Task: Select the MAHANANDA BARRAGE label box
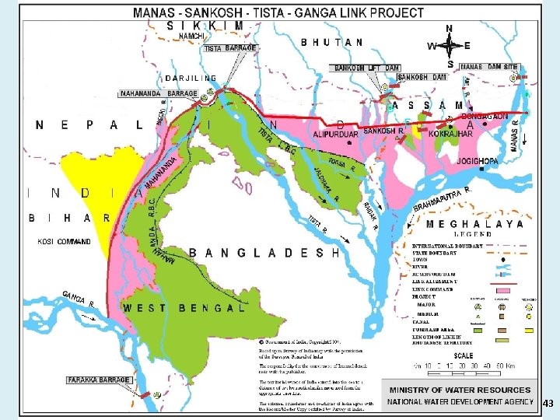click(158, 93)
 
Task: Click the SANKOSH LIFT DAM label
click(362, 68)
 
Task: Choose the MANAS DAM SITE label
click(489, 68)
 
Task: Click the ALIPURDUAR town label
click(334, 134)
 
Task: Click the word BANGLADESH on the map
click(264, 253)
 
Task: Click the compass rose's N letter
click(450, 27)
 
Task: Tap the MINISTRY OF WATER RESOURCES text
click(460, 390)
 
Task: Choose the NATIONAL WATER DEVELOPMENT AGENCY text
click(460, 402)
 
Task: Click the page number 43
click(548, 404)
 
